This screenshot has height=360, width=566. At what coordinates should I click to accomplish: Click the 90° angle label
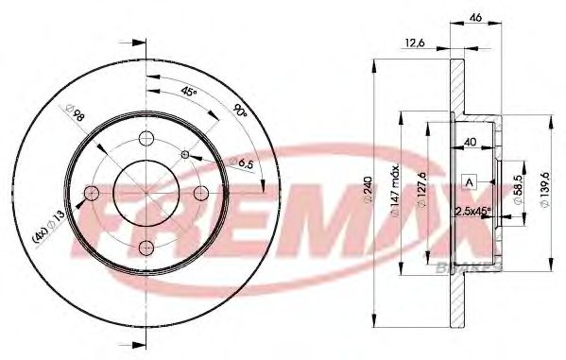(x=241, y=111)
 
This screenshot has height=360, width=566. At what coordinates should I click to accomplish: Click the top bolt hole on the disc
(x=146, y=140)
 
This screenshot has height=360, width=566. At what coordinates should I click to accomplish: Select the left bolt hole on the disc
(x=92, y=194)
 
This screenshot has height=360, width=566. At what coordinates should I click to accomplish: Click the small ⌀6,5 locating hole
(x=184, y=155)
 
